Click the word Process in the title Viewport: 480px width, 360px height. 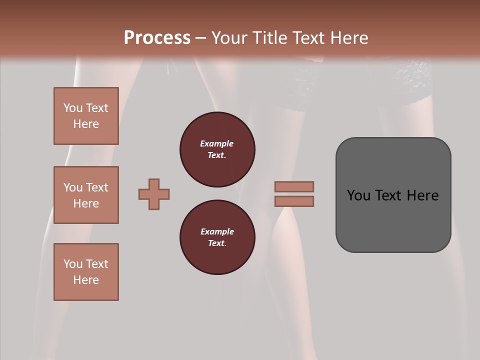tap(157, 38)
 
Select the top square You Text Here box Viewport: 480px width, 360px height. tap(86, 116)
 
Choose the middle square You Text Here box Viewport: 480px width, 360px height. tap(86, 195)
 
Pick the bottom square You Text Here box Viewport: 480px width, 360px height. tap(86, 272)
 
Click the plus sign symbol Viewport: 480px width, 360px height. tap(154, 194)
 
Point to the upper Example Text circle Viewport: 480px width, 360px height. tap(217, 149)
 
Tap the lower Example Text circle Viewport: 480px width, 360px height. tap(217, 237)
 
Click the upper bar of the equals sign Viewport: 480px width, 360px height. tap(294, 186)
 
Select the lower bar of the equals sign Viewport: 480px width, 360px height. tap(294, 201)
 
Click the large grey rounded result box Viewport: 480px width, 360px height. tap(393, 220)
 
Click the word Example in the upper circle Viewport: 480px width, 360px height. tap(217, 143)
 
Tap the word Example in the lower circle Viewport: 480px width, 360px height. tap(217, 231)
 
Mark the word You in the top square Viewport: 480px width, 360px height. tap(73, 108)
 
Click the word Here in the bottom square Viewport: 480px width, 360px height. tap(86, 280)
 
